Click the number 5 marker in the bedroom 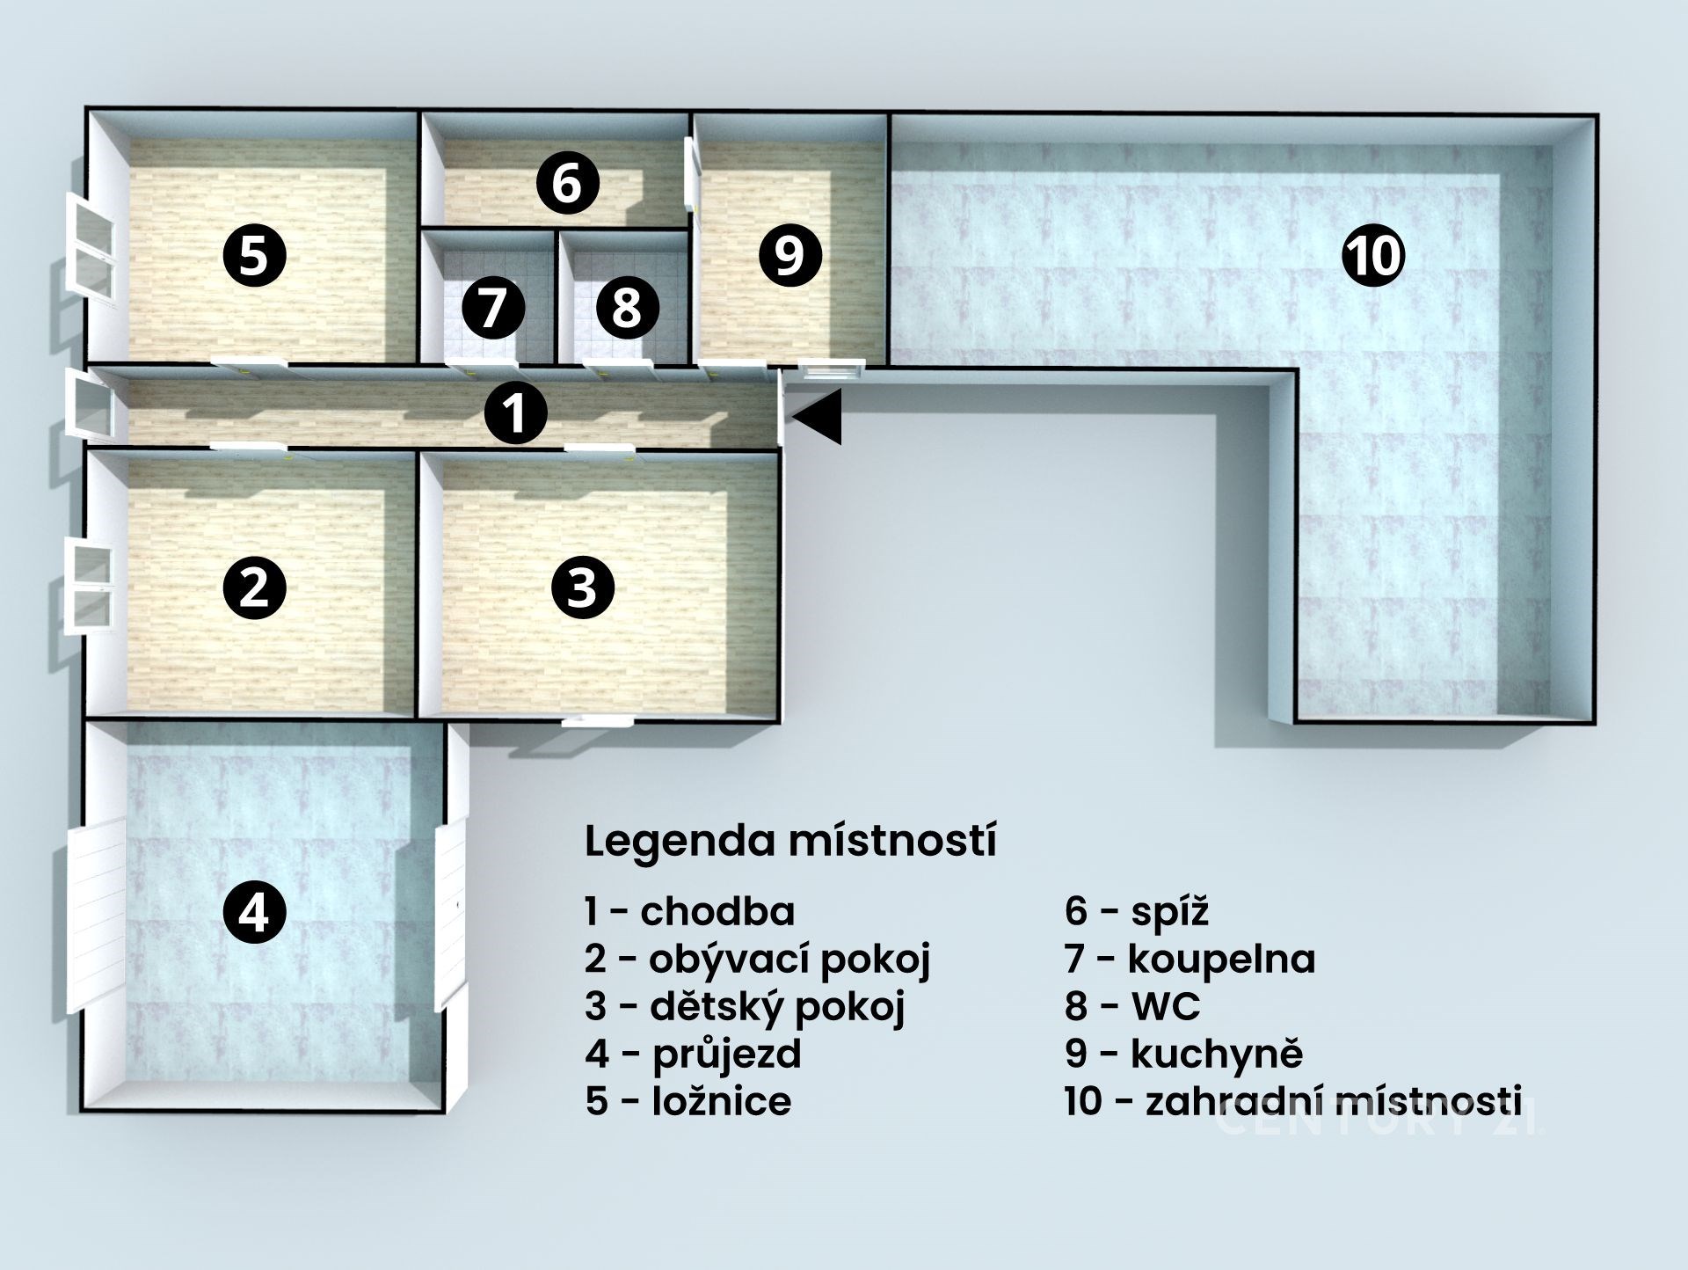[x=254, y=256]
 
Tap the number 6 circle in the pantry [x=568, y=184]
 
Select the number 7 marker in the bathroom [x=493, y=309]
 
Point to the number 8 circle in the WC [x=626, y=309]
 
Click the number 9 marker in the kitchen [x=789, y=256]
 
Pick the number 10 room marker [x=1373, y=256]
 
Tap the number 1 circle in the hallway [x=516, y=413]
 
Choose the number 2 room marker [x=254, y=588]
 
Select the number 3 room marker [x=582, y=588]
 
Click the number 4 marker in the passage [x=254, y=913]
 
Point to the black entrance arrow [x=817, y=417]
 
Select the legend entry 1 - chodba [x=690, y=911]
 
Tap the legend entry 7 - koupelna [x=1190, y=959]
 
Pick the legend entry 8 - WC [x=1132, y=1006]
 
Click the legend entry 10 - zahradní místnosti [x=1293, y=1101]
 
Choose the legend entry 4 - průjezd [x=694, y=1054]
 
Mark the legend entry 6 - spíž [x=1137, y=911]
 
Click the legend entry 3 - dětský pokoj [x=745, y=1006]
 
